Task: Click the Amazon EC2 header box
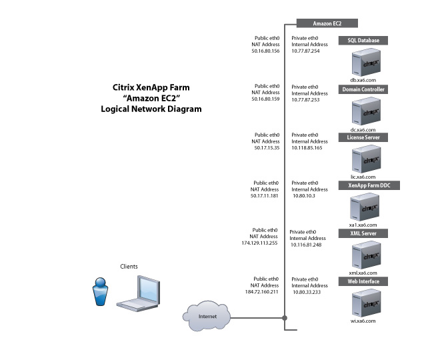(x=327, y=24)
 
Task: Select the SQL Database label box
(x=363, y=41)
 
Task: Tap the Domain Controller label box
(x=363, y=89)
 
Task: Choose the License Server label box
(x=363, y=137)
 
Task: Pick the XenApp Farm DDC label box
(x=363, y=185)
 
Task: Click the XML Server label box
(x=363, y=234)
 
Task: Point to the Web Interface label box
(x=363, y=282)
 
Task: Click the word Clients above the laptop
(x=129, y=267)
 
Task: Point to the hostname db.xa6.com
(x=363, y=79)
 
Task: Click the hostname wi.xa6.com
(x=363, y=321)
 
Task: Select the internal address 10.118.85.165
(x=307, y=148)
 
